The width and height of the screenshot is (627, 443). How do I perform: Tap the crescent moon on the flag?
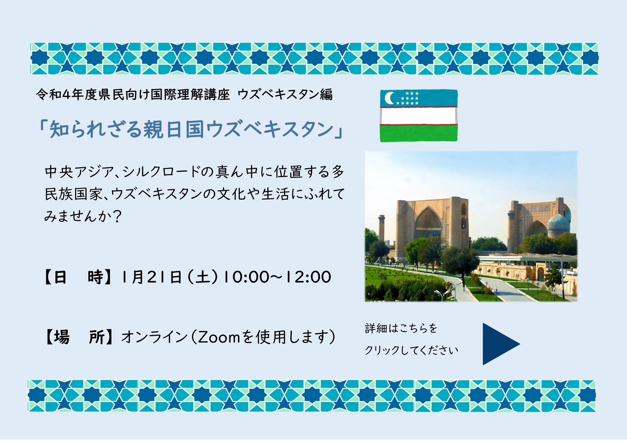click(x=390, y=98)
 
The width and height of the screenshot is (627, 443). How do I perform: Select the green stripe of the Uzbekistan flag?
click(x=419, y=133)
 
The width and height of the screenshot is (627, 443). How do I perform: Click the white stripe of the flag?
click(x=419, y=116)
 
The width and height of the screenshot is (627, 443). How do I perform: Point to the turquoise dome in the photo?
click(x=558, y=223)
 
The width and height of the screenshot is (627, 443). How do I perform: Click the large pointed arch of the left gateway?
click(x=428, y=223)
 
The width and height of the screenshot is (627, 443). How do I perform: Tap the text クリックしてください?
click(x=411, y=350)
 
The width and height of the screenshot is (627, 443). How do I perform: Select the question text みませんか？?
click(x=83, y=216)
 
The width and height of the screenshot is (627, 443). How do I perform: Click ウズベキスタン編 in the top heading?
click(x=285, y=95)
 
